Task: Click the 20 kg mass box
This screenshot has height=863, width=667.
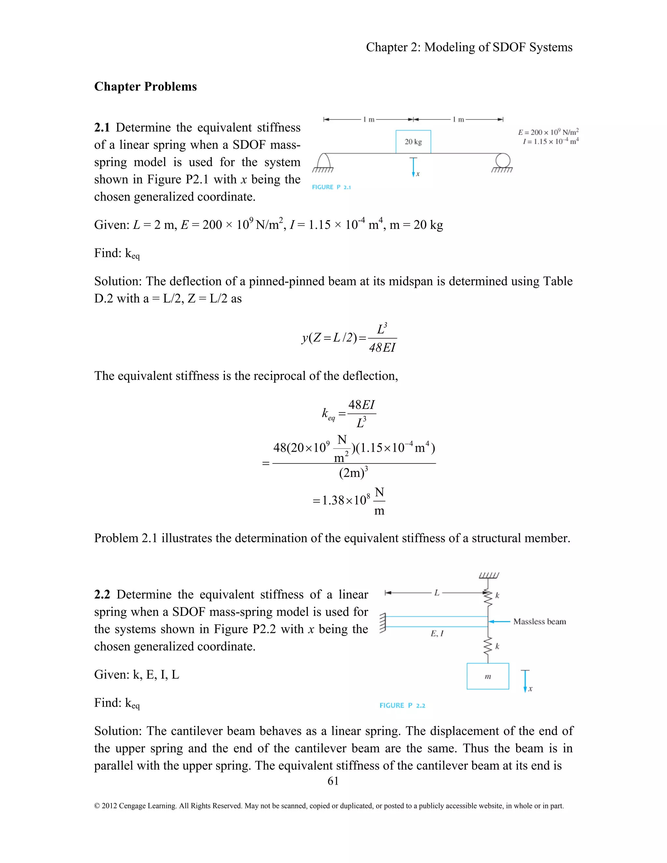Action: [x=413, y=141]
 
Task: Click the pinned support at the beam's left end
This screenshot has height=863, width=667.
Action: [x=323, y=162]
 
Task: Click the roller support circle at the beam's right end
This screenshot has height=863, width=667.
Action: [x=503, y=161]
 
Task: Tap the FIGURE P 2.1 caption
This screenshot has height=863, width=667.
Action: [x=331, y=187]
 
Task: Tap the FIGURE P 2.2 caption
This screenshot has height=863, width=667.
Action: [x=402, y=705]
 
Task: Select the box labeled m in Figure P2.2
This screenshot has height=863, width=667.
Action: [x=488, y=676]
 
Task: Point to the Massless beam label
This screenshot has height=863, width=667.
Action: [x=539, y=622]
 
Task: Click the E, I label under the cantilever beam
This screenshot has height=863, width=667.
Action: [x=437, y=633]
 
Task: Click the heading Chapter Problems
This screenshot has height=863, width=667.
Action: [x=145, y=87]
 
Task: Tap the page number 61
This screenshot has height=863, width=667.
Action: [x=333, y=781]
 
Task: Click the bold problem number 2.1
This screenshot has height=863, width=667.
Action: [x=102, y=128]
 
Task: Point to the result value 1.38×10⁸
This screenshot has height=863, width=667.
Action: [x=346, y=500]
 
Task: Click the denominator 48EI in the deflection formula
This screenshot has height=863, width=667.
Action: [x=382, y=348]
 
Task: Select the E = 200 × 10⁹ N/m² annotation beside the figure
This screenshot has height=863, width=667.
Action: [x=548, y=132]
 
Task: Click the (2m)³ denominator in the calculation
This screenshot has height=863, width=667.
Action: [x=353, y=473]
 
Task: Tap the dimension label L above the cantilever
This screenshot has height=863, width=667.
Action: [x=437, y=592]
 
